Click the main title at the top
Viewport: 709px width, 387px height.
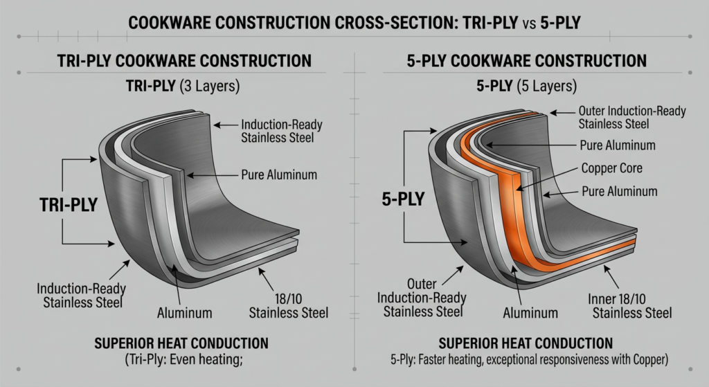(354, 24)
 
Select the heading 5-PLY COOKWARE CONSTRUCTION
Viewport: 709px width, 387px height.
(526, 61)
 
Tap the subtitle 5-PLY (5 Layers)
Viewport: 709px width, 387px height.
(526, 89)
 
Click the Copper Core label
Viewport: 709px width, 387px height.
(611, 168)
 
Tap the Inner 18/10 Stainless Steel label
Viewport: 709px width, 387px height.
(631, 306)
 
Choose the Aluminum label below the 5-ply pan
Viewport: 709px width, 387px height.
(530, 313)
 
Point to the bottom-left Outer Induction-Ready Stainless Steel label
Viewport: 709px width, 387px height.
(422, 298)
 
